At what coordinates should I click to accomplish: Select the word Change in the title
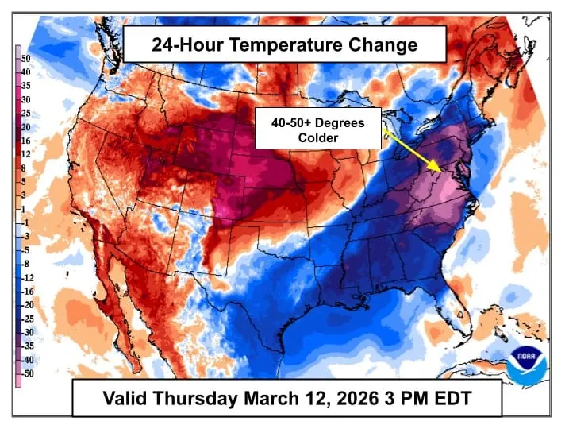[x=385, y=44]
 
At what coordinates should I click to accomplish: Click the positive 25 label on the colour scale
[x=26, y=114]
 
